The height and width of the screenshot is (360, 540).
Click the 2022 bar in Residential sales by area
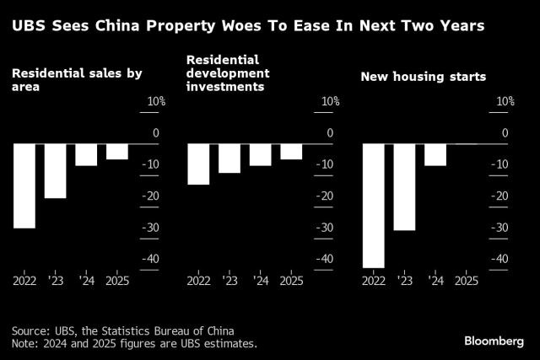[x=24, y=185]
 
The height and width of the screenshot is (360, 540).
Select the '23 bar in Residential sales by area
[x=56, y=171]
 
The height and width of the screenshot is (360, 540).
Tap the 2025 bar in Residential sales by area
[x=117, y=152]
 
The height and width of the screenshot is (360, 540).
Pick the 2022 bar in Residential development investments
[x=198, y=164]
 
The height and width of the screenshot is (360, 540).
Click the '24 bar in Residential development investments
[x=260, y=155]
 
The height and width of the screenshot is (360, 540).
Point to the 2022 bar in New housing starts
[x=373, y=206]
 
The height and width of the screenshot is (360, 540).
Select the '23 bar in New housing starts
[x=404, y=187]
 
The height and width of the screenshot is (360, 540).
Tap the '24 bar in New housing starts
[x=435, y=155]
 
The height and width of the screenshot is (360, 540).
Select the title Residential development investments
[x=235, y=73]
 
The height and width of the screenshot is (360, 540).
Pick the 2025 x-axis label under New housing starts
[x=466, y=280]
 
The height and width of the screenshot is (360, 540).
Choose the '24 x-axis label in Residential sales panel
[x=86, y=280]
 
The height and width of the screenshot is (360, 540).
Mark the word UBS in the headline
[x=29, y=26]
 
